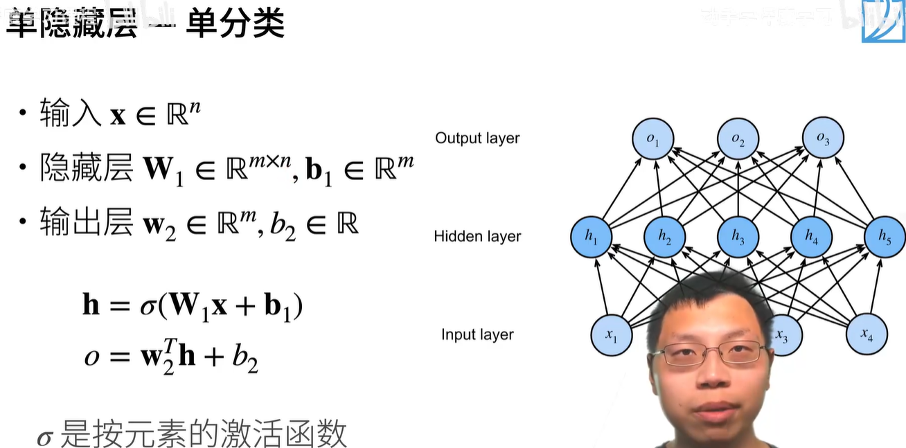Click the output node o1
point(652,139)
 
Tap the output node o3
point(823,139)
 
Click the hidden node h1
point(590,237)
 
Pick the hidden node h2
point(664,238)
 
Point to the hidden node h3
point(738,238)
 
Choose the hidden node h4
point(811,238)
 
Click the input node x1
point(611,335)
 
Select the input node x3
point(782,336)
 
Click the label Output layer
point(477,138)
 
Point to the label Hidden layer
point(477,237)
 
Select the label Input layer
point(477,335)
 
